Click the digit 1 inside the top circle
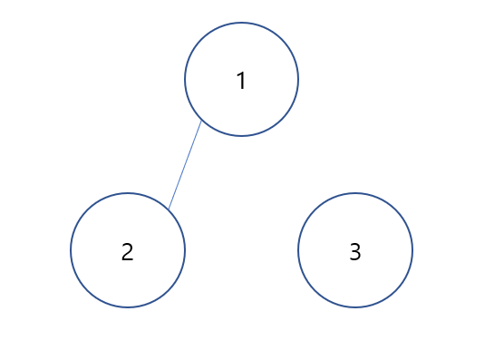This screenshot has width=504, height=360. coord(241,81)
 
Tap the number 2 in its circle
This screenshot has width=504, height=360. coord(128,252)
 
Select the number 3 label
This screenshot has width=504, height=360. coord(355,252)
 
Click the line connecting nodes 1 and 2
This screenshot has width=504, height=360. coord(185,165)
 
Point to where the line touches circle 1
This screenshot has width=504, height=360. coord(201,121)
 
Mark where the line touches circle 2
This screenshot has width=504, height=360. coord(169,210)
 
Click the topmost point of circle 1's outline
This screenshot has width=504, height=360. coord(241,23)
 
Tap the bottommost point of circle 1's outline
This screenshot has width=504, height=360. coord(241,137)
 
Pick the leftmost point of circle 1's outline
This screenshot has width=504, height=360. coord(185,80)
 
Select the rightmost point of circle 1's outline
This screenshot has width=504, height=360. coord(298,80)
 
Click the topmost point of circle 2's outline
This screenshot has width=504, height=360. coord(128,193)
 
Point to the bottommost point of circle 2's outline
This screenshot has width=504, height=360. coord(128,307)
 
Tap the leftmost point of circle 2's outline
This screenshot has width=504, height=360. coord(71,250)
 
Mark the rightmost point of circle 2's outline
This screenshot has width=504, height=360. coord(185,250)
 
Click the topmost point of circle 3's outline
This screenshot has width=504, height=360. coord(355,193)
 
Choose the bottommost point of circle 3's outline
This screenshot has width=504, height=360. coord(355,307)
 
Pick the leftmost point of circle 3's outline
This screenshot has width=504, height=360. coord(298,250)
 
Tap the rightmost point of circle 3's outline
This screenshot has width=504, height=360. coord(412,250)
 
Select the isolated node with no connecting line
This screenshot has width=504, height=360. coord(355,250)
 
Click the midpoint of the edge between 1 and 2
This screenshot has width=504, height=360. coord(185,165)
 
